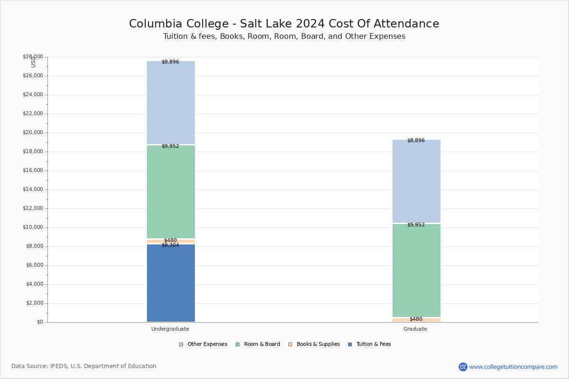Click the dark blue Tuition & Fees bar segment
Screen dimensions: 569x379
(x=171, y=283)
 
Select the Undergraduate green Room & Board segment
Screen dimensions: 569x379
(x=171, y=192)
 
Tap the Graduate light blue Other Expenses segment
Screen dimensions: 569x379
(x=416, y=181)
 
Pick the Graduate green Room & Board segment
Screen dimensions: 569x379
(x=416, y=271)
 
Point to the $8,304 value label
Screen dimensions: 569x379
(x=170, y=245)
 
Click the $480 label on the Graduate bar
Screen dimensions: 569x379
(x=416, y=319)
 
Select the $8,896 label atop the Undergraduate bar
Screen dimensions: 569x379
(x=170, y=62)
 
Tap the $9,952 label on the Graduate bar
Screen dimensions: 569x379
(x=416, y=225)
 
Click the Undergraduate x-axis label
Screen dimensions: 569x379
(x=170, y=329)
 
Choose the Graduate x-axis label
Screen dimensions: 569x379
(x=415, y=329)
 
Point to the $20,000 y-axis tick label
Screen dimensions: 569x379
(x=33, y=133)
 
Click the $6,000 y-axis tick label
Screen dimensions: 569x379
(x=35, y=265)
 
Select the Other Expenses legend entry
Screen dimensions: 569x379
(x=203, y=344)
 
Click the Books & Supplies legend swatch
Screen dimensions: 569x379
(x=290, y=344)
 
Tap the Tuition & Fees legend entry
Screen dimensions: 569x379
(x=369, y=344)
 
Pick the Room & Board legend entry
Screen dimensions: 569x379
(x=258, y=344)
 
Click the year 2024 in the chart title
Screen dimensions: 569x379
(x=310, y=24)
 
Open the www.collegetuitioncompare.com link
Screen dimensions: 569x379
(x=513, y=367)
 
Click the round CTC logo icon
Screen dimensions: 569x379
(x=463, y=367)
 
